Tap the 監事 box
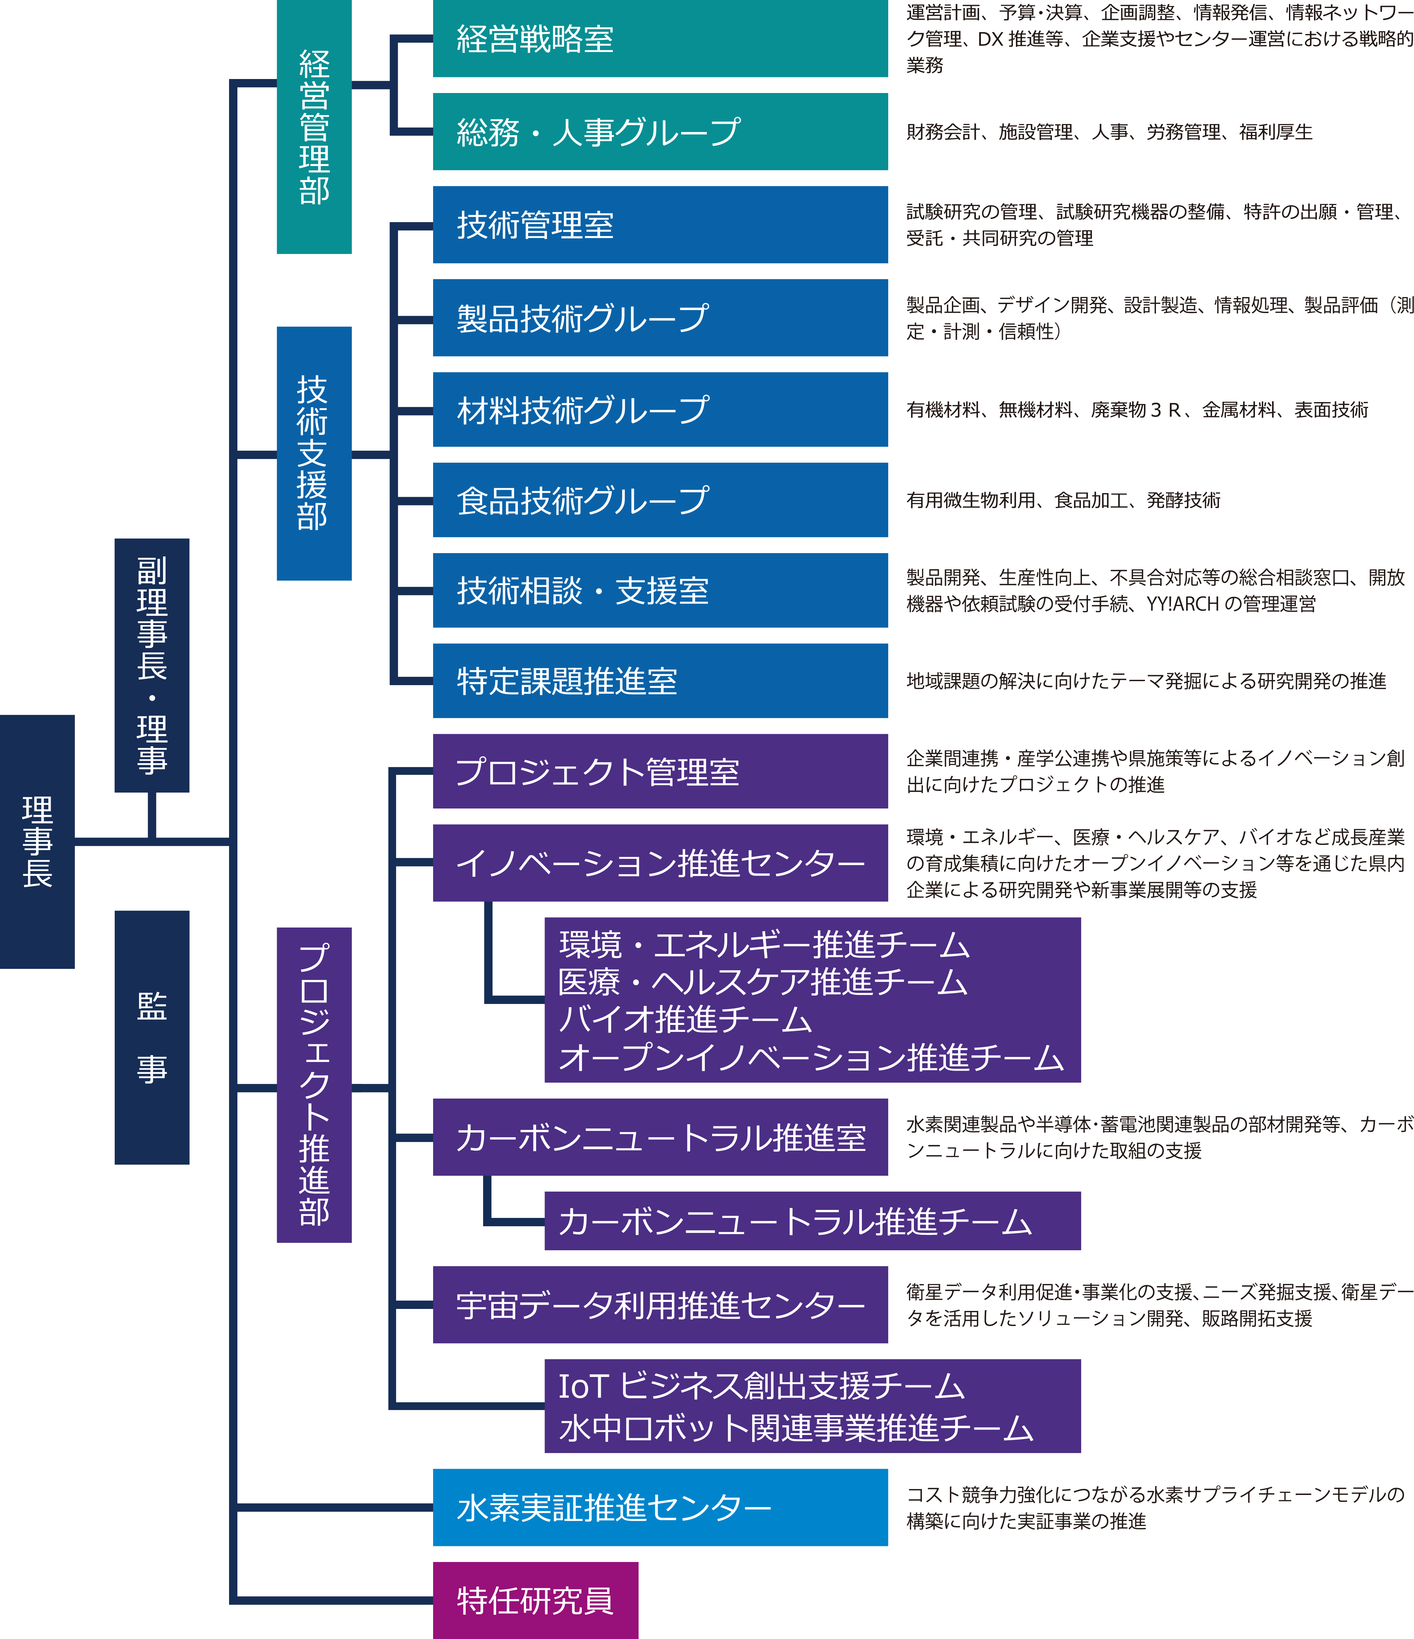point(152,1037)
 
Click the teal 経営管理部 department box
point(314,127)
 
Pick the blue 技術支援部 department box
point(314,453)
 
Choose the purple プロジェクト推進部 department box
point(314,1085)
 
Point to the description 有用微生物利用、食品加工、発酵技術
point(1063,500)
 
